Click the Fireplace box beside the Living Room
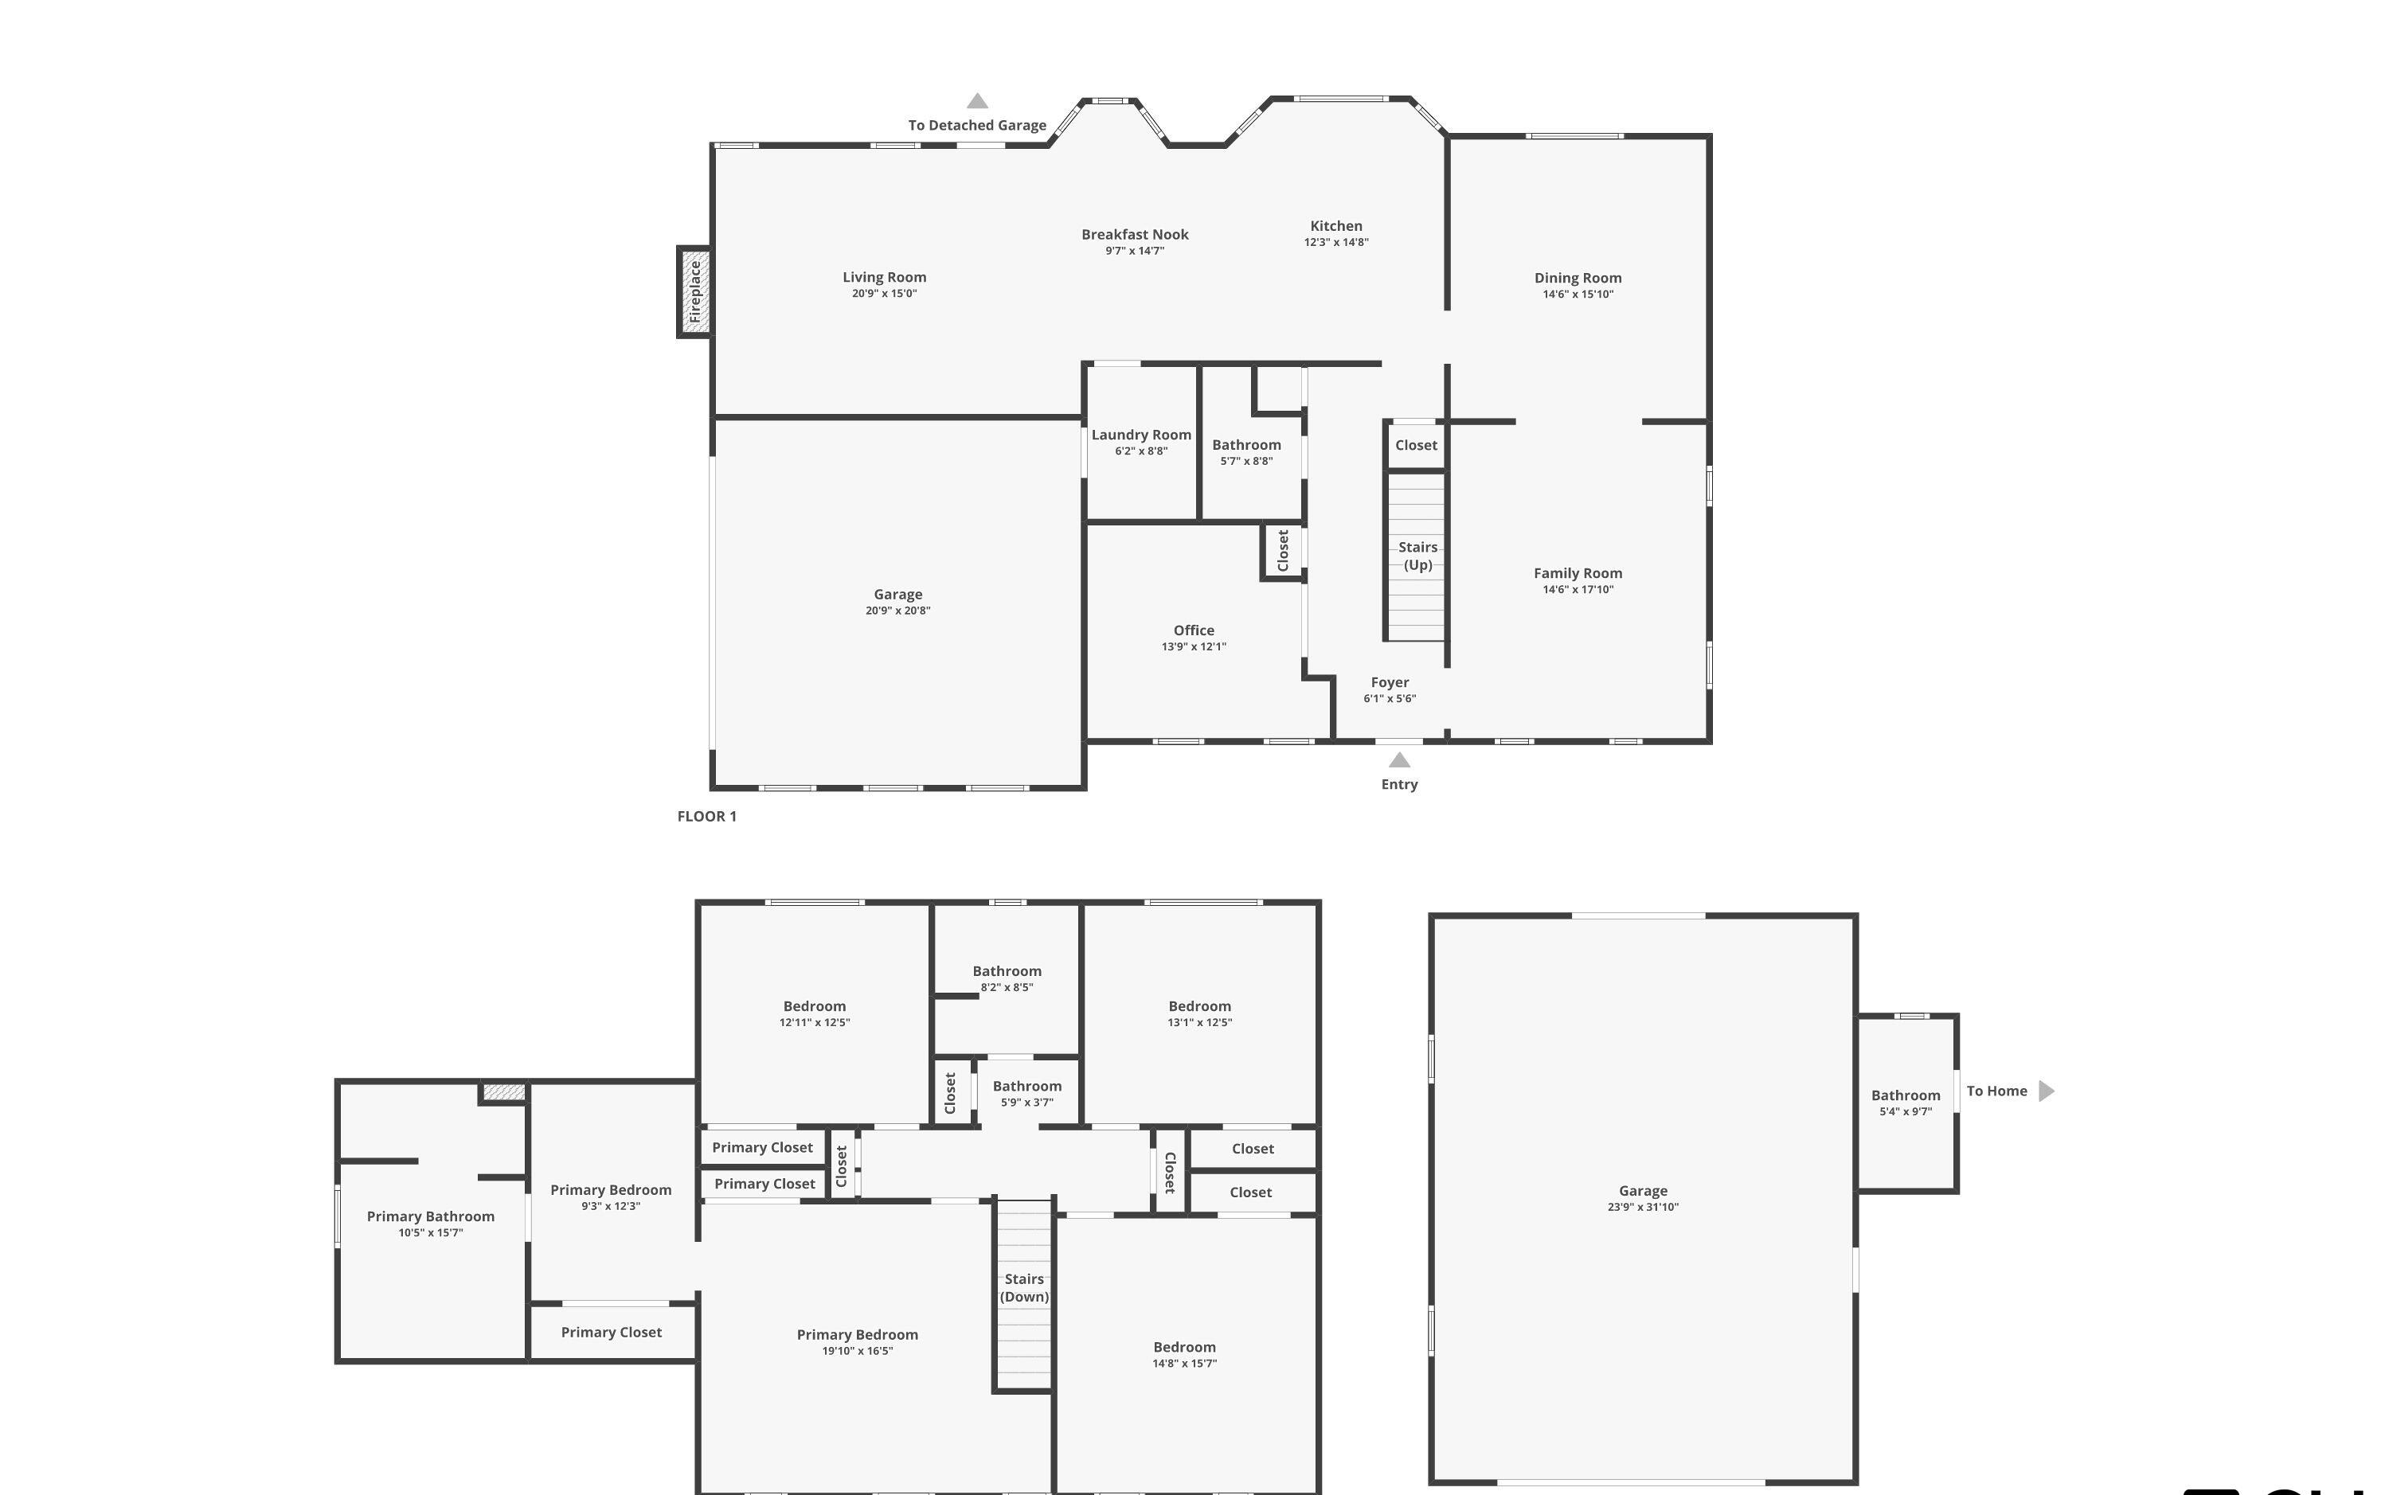(694, 291)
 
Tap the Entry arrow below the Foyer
(1398, 760)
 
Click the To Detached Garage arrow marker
(977, 101)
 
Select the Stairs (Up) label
(1417, 556)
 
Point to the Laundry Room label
(1140, 435)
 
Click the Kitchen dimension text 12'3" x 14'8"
(1336, 242)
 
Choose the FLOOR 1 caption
(706, 816)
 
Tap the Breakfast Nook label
(1134, 234)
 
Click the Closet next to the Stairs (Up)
(1415, 445)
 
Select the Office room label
(1194, 630)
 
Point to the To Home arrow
(2046, 1091)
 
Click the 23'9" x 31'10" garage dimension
(1642, 1206)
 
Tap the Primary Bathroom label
(430, 1216)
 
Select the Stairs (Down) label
(1023, 1287)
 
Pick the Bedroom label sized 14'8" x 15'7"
(1183, 1347)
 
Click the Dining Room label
(1578, 278)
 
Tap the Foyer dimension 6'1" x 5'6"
(1390, 698)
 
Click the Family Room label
(1578, 572)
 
